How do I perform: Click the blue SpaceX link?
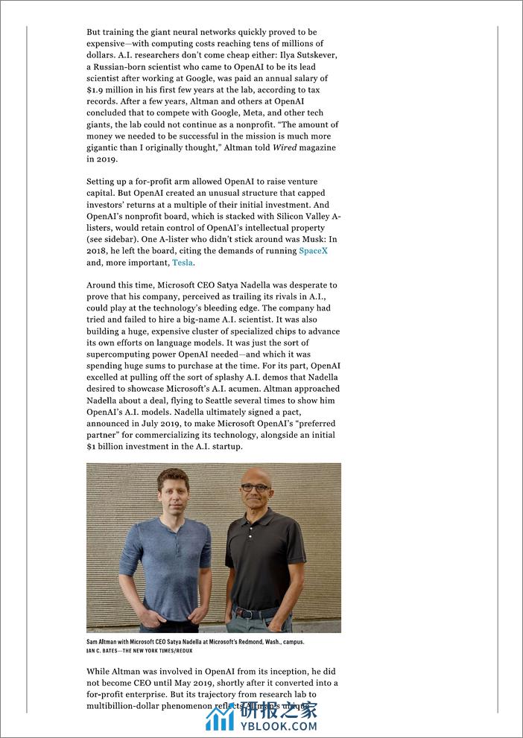tap(313, 251)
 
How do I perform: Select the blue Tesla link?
tap(183, 263)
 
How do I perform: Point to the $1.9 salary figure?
tap(97, 89)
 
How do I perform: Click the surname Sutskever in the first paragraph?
tap(312, 55)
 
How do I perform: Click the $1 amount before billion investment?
tap(91, 447)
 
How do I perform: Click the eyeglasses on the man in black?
tap(255, 488)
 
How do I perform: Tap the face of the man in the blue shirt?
tap(173, 491)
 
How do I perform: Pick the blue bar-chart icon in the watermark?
tap(220, 717)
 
